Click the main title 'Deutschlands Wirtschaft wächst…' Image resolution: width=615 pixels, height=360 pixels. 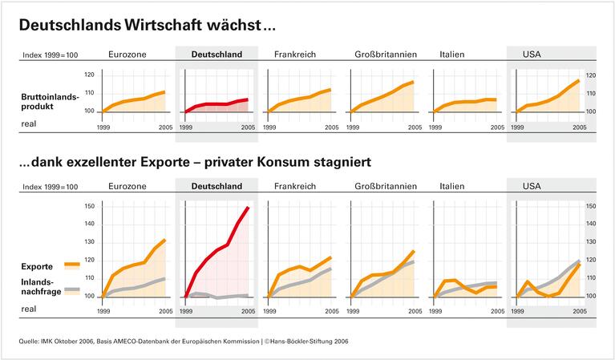pyautogui.click(x=147, y=26)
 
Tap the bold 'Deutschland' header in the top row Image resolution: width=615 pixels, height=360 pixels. pyautogui.click(x=216, y=55)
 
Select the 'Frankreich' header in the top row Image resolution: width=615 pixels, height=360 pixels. pyautogui.click(x=295, y=55)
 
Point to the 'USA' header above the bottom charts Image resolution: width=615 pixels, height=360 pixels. pyautogui.click(x=532, y=187)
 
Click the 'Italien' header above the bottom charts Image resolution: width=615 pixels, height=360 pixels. pyautogui.click(x=452, y=187)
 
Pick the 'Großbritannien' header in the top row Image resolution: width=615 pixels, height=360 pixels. pyautogui.click(x=386, y=55)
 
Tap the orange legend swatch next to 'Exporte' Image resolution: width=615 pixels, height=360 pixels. pyautogui.click(x=71, y=264)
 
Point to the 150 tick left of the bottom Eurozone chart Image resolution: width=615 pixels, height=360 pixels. pyautogui.click(x=89, y=207)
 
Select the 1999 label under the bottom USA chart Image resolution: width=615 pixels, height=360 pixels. pyautogui.click(x=518, y=310)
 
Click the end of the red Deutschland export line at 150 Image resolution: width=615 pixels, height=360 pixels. pyautogui.click(x=248, y=208)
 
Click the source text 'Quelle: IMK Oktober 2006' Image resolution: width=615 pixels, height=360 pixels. pyautogui.click(x=65, y=342)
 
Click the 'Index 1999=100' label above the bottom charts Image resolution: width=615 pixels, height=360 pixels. pyautogui.click(x=50, y=187)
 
